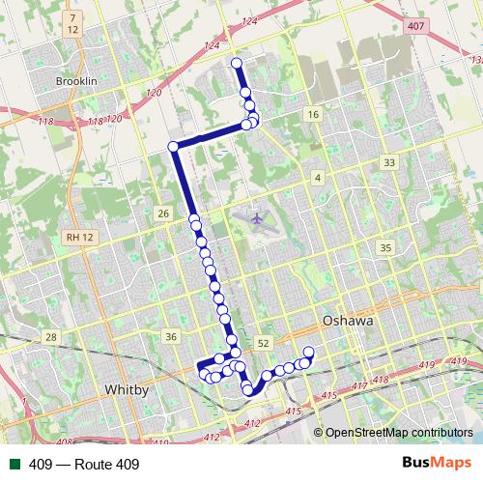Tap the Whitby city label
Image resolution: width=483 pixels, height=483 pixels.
tap(126, 389)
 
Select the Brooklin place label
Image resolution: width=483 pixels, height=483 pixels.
tap(77, 82)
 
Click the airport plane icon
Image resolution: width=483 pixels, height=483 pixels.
tap(256, 217)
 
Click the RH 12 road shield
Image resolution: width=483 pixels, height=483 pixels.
tap(71, 237)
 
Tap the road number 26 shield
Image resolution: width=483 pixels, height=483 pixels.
tap(163, 213)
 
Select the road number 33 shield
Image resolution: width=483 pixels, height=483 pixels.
tap(388, 163)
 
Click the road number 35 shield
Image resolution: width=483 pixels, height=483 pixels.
tap(386, 248)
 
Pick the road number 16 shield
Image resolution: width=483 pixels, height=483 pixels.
tap(311, 115)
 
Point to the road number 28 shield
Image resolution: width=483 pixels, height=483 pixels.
tap(50, 336)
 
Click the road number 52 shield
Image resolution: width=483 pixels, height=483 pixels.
tap(264, 343)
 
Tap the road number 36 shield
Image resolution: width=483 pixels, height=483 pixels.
tap(171, 336)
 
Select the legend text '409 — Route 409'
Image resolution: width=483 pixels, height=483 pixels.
tap(84, 465)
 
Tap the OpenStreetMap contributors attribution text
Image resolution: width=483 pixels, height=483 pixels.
tap(399, 432)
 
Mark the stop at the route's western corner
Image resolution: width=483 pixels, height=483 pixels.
tap(174, 146)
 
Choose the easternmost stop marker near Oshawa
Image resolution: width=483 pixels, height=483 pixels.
tap(309, 352)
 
